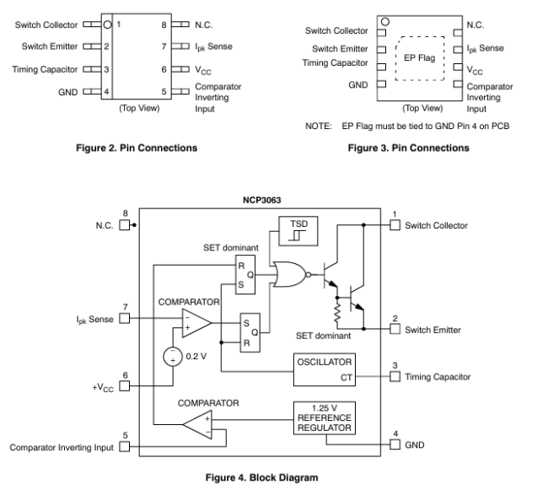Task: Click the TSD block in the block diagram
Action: (298, 231)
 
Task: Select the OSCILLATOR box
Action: (325, 369)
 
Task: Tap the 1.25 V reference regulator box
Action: (325, 418)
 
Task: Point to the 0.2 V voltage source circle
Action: (173, 357)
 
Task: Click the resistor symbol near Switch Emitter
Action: (337, 313)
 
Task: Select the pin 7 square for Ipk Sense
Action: (125, 319)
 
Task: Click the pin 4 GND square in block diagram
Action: (395, 444)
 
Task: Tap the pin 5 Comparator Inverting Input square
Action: (125, 447)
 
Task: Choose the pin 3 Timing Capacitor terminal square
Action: (395, 376)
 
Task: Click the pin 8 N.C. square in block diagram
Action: (125, 225)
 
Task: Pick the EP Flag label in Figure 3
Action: (419, 58)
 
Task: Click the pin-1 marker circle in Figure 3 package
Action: (385, 22)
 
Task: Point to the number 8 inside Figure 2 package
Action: (164, 24)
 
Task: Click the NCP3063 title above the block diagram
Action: (261, 200)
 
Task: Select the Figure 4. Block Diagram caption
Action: (261, 477)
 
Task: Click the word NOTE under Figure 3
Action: (319, 127)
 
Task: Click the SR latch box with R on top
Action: (245, 274)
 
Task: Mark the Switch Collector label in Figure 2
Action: (46, 25)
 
